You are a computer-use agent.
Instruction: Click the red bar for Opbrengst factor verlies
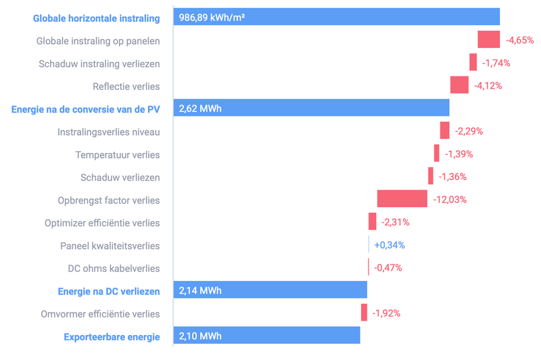point(402,199)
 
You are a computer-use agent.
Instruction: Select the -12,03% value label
point(450,200)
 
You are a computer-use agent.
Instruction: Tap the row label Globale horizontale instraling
point(96,18)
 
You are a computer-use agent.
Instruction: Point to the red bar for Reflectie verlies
point(459,85)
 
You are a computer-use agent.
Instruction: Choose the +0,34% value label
point(390,245)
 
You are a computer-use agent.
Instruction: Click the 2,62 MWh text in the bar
point(200,108)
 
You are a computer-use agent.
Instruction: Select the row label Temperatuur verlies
point(118,154)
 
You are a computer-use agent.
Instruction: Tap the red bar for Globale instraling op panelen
point(488,40)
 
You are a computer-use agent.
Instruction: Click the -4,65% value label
point(520,41)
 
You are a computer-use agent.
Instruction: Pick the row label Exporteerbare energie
point(112,336)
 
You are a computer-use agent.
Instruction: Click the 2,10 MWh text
point(200,336)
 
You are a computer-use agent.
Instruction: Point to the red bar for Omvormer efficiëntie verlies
point(364,313)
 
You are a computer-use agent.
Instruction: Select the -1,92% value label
point(386,313)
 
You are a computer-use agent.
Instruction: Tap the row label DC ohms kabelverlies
point(114,268)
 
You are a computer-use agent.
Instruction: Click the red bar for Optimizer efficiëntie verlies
point(373,222)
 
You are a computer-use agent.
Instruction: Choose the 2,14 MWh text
point(200,291)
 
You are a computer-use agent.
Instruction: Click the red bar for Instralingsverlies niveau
point(444,131)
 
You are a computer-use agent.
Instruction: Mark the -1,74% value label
point(496,63)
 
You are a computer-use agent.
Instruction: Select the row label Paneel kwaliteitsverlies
point(110,245)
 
